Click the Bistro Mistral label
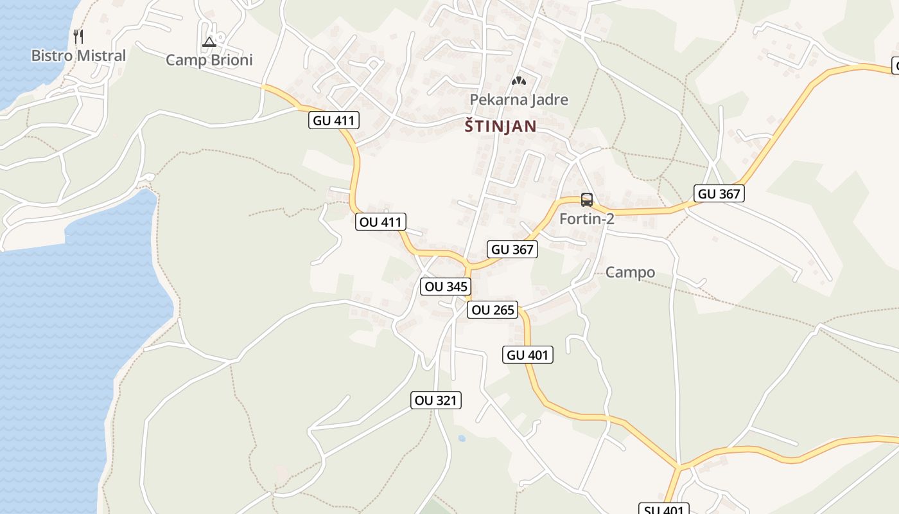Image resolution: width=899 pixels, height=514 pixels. (x=78, y=56)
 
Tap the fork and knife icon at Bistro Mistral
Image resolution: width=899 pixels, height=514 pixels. (x=78, y=36)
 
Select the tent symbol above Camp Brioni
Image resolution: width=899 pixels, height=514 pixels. (x=209, y=42)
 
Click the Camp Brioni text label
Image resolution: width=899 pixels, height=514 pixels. (x=209, y=60)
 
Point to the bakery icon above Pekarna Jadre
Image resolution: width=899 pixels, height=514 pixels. (x=518, y=82)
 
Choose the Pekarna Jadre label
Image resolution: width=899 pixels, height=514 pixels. (x=519, y=100)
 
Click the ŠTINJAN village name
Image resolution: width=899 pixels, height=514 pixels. (x=500, y=127)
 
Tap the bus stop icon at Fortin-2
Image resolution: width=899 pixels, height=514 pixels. (x=587, y=199)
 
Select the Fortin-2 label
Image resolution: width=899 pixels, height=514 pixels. (x=587, y=218)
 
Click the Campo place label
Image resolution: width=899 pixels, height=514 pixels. (x=631, y=272)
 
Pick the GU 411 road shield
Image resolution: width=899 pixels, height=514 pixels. (x=334, y=120)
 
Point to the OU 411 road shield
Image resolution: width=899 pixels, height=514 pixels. (x=381, y=222)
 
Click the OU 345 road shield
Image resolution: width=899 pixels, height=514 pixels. (x=446, y=287)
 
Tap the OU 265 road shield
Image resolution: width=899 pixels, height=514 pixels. (x=493, y=310)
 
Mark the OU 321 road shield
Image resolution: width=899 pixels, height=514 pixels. (x=436, y=400)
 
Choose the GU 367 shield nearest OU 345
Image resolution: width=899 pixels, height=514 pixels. (x=512, y=249)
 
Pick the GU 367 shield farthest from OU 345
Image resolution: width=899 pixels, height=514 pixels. (x=719, y=193)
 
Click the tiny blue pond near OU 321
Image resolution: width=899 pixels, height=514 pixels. (x=462, y=438)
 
